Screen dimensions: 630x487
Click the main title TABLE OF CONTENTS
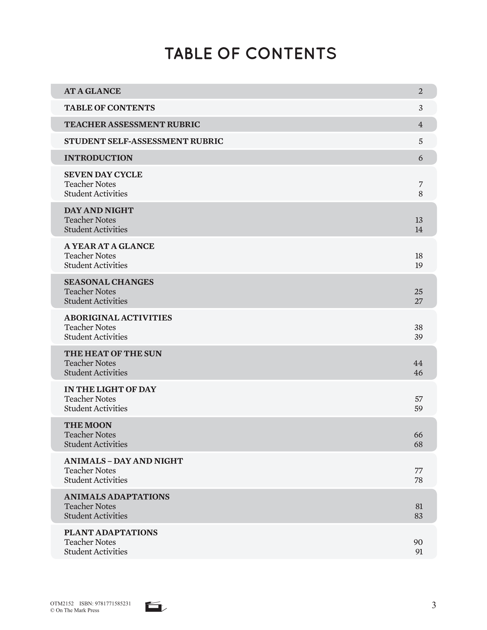click(250, 54)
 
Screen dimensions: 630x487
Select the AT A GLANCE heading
click(92, 91)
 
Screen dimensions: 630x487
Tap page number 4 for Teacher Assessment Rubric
click(420, 125)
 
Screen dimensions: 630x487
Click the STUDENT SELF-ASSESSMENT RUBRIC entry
click(143, 141)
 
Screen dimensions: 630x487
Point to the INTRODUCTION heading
click(98, 158)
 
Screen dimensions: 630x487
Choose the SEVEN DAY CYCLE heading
click(103, 175)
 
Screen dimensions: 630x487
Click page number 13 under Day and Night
click(419, 220)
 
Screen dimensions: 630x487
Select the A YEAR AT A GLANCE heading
click(109, 246)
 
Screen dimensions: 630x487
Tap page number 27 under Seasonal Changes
click(418, 301)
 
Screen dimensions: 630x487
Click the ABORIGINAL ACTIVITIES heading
click(118, 318)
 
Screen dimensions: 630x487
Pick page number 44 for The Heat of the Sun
click(418, 363)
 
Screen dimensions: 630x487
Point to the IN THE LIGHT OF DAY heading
click(110, 389)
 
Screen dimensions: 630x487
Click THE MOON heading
click(88, 425)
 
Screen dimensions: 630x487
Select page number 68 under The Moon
click(418, 444)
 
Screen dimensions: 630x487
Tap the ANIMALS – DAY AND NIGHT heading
click(123, 461)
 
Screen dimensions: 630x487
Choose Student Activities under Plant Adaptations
click(96, 552)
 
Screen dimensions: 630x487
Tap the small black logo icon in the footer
click(155, 607)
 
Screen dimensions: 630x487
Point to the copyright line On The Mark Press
click(75, 610)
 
